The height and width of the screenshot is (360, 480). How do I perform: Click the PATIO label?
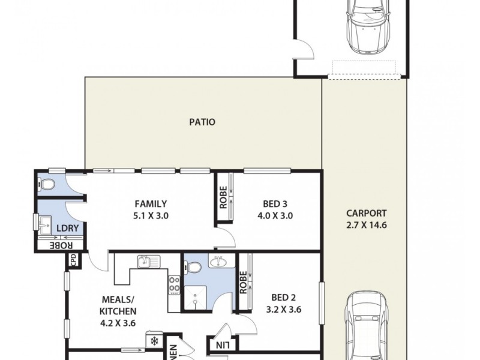click(202, 122)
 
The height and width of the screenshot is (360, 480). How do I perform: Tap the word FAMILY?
click(150, 203)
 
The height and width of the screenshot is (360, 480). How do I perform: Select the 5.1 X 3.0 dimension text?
click(150, 215)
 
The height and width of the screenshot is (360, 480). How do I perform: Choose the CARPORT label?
click(366, 213)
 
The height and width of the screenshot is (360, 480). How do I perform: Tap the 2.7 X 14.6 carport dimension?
click(366, 226)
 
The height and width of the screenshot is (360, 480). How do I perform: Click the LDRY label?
click(65, 229)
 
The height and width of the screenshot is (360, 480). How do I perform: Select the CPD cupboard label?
click(73, 260)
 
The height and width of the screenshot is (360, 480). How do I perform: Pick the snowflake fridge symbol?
click(154, 341)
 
